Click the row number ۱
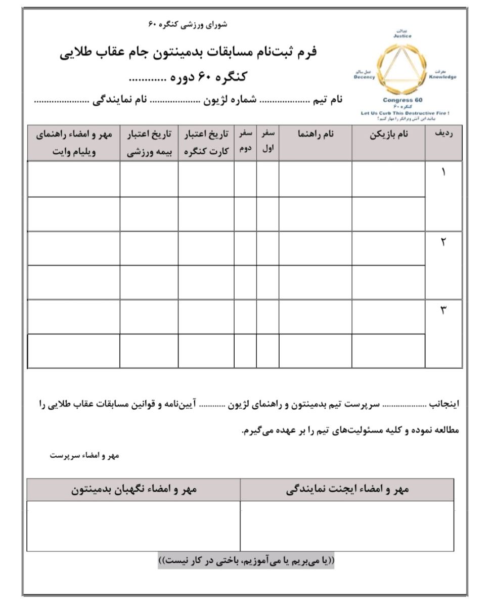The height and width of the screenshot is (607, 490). [x=443, y=172]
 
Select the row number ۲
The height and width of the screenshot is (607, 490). [x=443, y=241]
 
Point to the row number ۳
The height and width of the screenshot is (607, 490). [x=443, y=310]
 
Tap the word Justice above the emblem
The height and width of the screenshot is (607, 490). [x=403, y=36]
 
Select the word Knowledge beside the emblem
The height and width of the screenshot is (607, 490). [x=442, y=77]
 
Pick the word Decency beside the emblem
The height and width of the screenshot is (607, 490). [x=365, y=77]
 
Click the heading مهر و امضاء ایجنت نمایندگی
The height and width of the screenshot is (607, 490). [x=347, y=490]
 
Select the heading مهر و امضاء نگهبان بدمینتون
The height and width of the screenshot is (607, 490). [x=133, y=490]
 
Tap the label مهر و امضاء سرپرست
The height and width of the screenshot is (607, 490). [x=84, y=455]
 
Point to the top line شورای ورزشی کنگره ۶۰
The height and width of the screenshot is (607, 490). [x=188, y=24]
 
